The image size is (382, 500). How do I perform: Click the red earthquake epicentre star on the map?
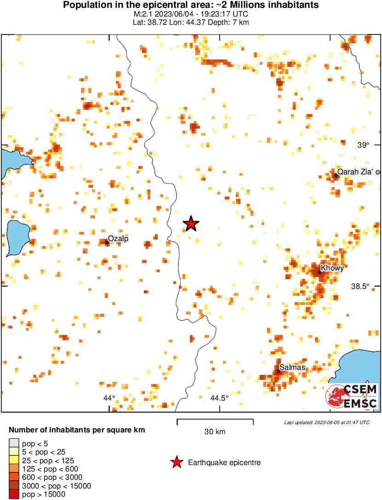191,224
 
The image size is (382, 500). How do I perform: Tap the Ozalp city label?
118,238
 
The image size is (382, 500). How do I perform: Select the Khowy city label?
332,268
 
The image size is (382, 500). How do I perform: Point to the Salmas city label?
292,368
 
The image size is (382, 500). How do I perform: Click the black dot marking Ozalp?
107,242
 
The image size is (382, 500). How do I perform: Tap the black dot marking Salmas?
278,371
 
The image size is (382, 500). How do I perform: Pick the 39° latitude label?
363,145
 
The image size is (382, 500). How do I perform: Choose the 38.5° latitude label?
360,286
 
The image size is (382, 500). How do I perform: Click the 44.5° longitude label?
219,398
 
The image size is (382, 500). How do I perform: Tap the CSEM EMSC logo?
352,396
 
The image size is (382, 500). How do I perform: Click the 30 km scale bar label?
215,431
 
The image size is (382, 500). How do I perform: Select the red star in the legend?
177,462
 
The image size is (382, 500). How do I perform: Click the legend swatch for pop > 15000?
14,494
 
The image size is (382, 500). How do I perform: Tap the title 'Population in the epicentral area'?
191,6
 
